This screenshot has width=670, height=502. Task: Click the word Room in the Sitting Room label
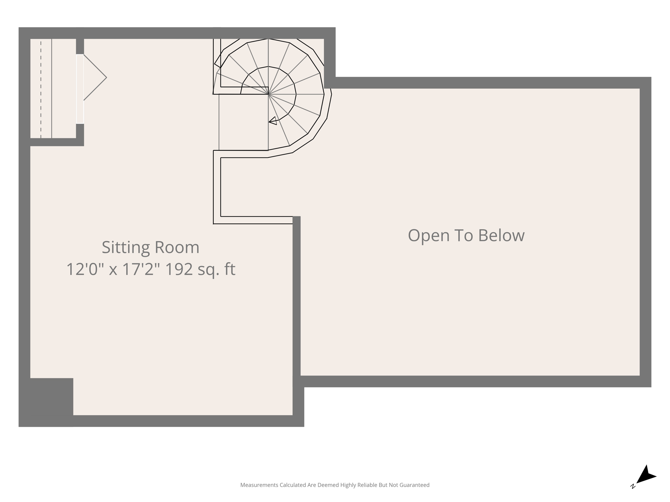coord(177,247)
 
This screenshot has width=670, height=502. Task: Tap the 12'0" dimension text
coord(82,270)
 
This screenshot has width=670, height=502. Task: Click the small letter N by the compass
coord(633,486)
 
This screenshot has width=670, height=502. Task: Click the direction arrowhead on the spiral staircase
coord(273,121)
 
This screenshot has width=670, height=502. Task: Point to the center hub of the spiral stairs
coord(268,94)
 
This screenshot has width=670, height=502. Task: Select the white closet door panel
coord(80,89)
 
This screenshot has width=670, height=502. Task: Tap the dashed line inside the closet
coord(41,88)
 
